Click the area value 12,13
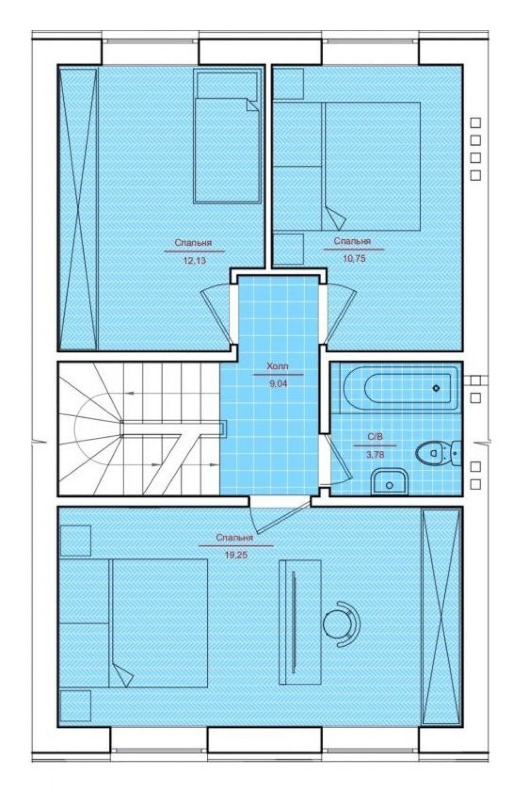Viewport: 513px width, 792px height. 194,261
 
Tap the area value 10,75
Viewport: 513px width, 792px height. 354,259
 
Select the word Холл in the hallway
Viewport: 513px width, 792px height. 278,366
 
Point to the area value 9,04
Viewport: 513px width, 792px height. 279,383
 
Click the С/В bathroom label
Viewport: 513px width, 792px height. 375,437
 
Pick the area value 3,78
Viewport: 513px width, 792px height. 375,455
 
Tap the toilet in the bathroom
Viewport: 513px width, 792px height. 439,453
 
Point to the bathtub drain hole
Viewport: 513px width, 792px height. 437,388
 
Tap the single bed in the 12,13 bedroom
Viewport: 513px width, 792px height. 228,136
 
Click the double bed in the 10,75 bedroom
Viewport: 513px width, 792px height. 370,166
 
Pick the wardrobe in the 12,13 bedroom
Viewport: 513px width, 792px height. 78,209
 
